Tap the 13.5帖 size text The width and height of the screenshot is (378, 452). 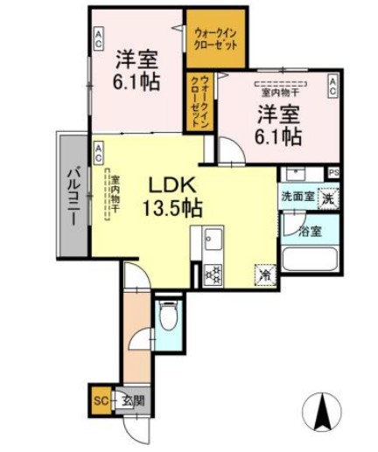click(x=176, y=209)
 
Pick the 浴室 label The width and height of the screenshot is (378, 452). click(x=309, y=232)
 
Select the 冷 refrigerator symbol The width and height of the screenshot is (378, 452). click(x=262, y=275)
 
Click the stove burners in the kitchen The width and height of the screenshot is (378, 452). click(x=213, y=274)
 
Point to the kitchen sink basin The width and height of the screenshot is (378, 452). click(x=213, y=237)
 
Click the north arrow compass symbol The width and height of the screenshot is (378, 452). click(x=324, y=410)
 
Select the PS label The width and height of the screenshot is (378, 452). click(x=333, y=172)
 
